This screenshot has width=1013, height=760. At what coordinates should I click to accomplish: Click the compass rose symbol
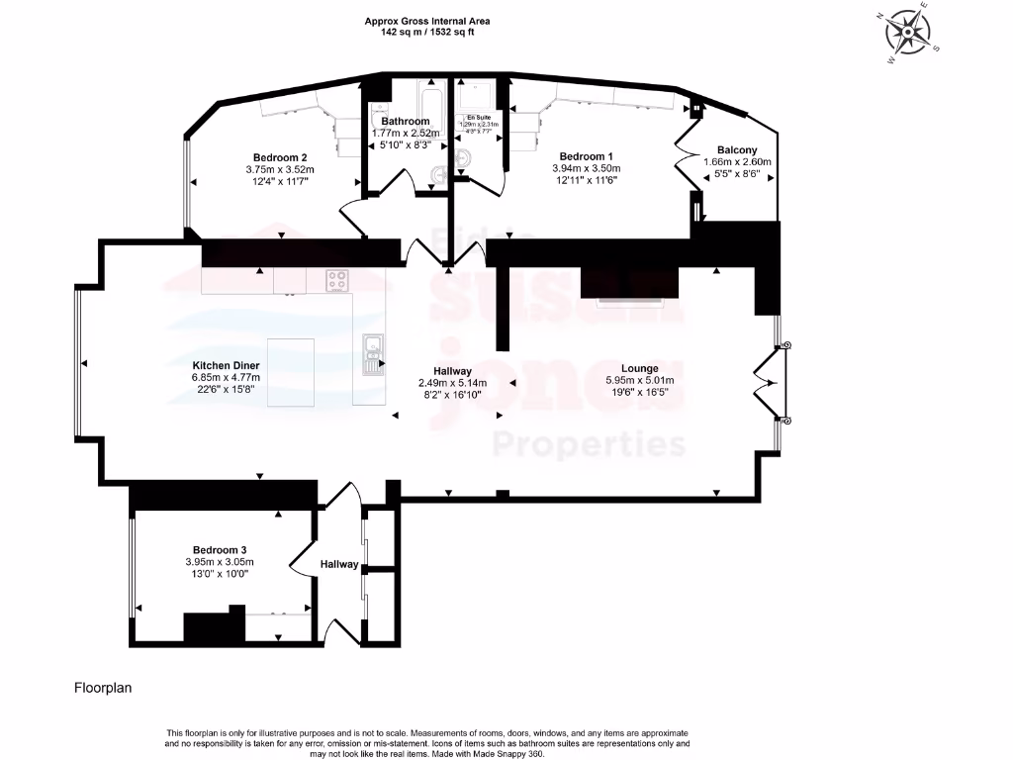point(906,34)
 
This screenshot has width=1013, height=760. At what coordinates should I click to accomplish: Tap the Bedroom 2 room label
point(280,157)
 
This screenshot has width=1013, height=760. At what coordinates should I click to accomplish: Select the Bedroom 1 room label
point(587,156)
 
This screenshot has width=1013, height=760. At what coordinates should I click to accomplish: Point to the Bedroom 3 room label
point(220,550)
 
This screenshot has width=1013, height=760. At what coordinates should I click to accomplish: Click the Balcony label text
point(736,149)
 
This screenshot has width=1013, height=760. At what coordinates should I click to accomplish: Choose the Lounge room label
point(639,368)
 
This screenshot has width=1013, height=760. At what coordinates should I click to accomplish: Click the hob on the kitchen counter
point(337,281)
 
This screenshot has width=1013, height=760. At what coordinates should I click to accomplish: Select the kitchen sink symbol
point(372,354)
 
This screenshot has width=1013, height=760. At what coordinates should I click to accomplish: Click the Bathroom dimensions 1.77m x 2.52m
point(406,134)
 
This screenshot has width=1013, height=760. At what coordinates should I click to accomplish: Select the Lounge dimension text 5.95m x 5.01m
point(639,380)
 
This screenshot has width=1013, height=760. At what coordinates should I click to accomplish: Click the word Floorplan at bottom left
point(103,686)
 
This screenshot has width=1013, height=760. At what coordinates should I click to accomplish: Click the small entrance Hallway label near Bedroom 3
point(338,564)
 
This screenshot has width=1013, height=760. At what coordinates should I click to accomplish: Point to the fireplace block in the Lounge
point(629,283)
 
